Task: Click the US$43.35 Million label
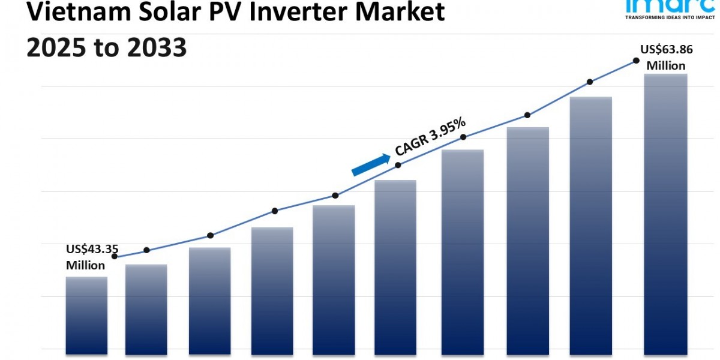pos(92,257)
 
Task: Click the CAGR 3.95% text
pos(430,136)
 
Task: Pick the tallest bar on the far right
pos(665,213)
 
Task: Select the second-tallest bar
pos(591,224)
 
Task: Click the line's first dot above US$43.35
pos(115,256)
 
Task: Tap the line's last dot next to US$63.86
pos(635,61)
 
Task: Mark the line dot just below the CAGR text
pos(398,165)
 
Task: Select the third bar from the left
pos(209,299)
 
